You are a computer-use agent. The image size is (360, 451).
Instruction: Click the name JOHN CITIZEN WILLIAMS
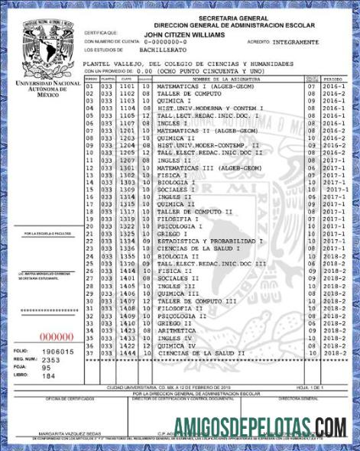coord(184,34)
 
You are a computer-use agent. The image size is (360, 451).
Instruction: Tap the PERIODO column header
coord(333,79)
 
